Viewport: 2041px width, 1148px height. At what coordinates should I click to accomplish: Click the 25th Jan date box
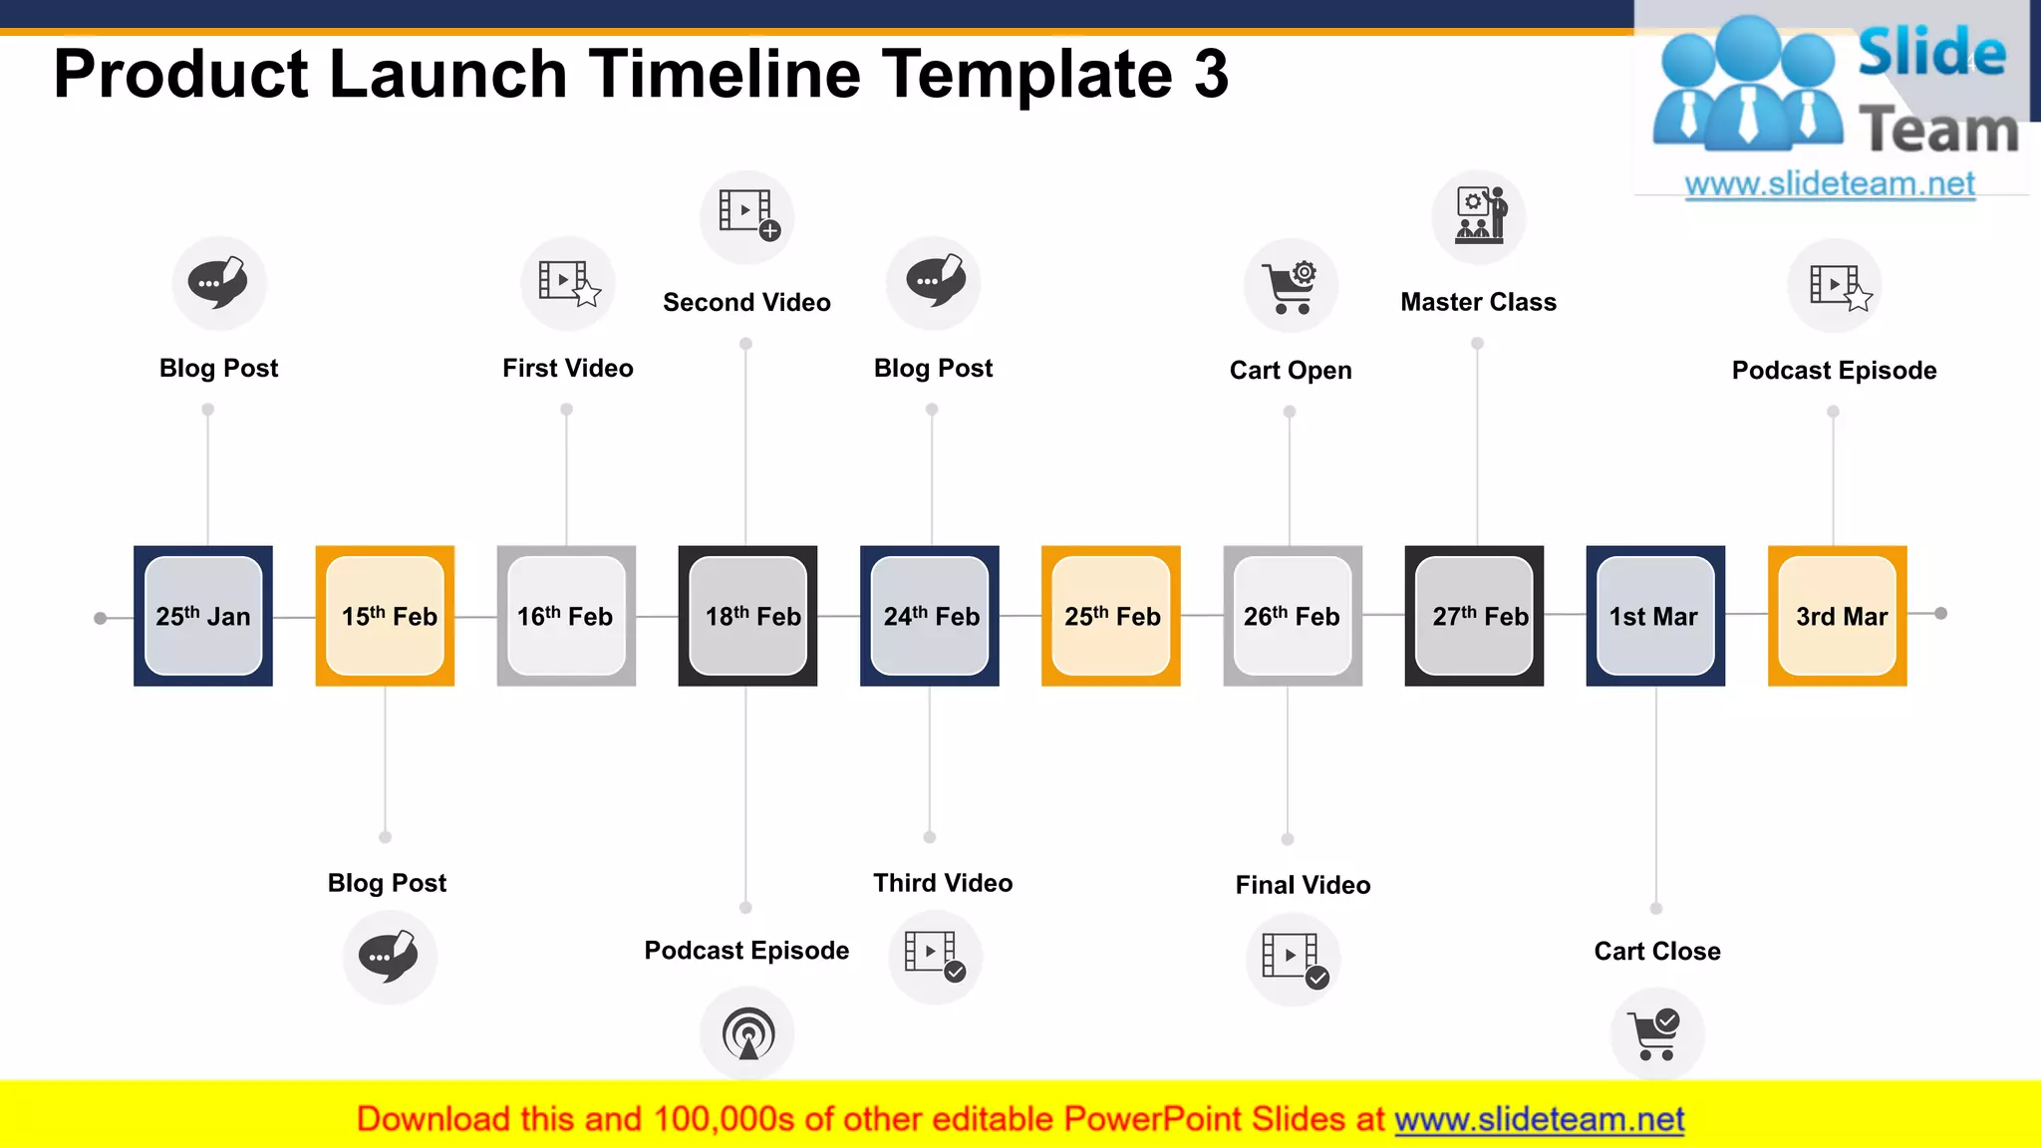[203, 616]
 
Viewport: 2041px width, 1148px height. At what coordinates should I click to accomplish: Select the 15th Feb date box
[386, 616]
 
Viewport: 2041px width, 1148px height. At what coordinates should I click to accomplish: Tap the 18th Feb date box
[748, 616]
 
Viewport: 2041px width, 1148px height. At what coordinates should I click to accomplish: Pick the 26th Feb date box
[1293, 616]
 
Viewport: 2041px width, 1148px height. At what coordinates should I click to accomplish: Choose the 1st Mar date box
[1655, 616]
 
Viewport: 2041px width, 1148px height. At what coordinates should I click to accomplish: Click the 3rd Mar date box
[1838, 616]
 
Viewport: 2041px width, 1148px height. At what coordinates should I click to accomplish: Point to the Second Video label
[746, 302]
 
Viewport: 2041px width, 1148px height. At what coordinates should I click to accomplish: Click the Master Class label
[1478, 302]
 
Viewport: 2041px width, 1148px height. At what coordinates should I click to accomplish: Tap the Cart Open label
[1291, 371]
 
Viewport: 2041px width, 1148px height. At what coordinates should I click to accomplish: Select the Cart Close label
[1657, 951]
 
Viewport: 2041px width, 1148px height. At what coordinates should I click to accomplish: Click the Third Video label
[943, 883]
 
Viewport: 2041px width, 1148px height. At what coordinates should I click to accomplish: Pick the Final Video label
[1303, 885]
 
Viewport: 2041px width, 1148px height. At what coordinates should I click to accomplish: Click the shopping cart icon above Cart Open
[1291, 286]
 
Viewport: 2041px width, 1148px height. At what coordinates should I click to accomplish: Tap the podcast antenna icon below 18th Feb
[747, 1034]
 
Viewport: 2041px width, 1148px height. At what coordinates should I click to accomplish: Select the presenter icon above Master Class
[1480, 215]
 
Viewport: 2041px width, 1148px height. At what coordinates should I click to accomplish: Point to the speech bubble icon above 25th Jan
[219, 283]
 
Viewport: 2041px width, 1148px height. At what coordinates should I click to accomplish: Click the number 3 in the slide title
[1211, 74]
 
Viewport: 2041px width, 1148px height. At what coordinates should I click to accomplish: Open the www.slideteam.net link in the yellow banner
[1539, 1119]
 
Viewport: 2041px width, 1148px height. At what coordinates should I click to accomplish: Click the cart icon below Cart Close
[1656, 1034]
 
